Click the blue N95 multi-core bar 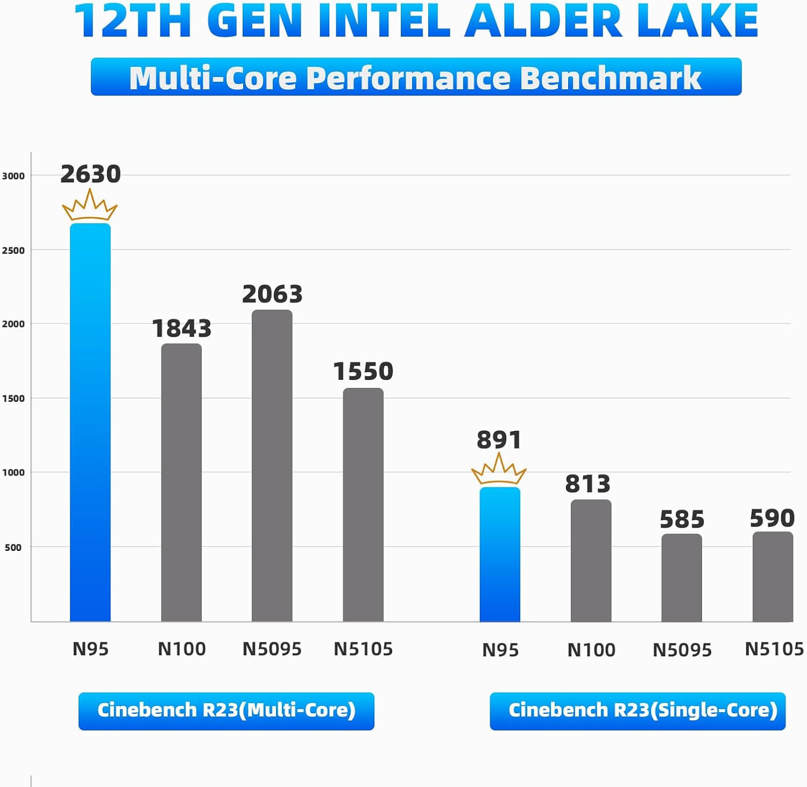tap(90, 422)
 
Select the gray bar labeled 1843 tap(181, 483)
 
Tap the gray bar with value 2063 tap(272, 465)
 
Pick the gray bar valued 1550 tap(363, 505)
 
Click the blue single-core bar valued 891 tap(500, 554)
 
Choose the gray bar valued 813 tap(591, 561)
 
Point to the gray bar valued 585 tap(682, 578)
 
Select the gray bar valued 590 tap(773, 577)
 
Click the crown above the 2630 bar tap(90, 206)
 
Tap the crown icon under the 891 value tap(499, 470)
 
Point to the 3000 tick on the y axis tap(13, 176)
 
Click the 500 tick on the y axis tap(13, 548)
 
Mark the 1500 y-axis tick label tap(13, 399)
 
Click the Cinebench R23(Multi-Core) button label tap(226, 711)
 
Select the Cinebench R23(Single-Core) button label tap(638, 711)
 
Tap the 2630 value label tap(90, 174)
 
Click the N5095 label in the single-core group tap(682, 650)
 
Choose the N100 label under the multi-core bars tap(181, 649)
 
